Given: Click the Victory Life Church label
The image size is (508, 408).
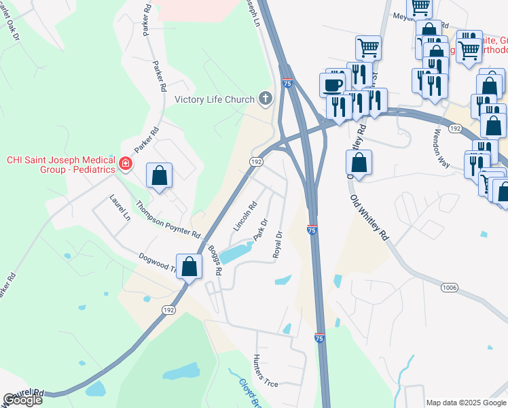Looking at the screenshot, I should tap(214, 99).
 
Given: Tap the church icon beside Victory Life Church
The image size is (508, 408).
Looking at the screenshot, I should tap(265, 99).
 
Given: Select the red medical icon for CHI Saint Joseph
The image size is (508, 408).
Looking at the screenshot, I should tap(125, 163).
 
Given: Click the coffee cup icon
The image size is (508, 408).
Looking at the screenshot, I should tap(332, 85).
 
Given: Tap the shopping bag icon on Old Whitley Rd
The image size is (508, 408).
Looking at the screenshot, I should tap(359, 163).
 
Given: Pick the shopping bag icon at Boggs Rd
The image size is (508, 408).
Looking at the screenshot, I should tap(189, 267).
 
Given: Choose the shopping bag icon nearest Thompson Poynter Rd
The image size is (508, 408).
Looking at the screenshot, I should tap(159, 175).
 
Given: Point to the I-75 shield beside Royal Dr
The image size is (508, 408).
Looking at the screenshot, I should tap(312, 231).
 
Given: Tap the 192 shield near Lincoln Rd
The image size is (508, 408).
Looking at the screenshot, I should tap(256, 162).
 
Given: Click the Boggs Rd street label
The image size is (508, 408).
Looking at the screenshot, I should tap(215, 260).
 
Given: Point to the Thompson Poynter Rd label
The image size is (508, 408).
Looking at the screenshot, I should tap(168, 219).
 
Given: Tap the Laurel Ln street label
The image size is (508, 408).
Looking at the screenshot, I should tap(120, 207).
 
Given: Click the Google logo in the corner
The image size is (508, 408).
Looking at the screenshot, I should tap(22, 400).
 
